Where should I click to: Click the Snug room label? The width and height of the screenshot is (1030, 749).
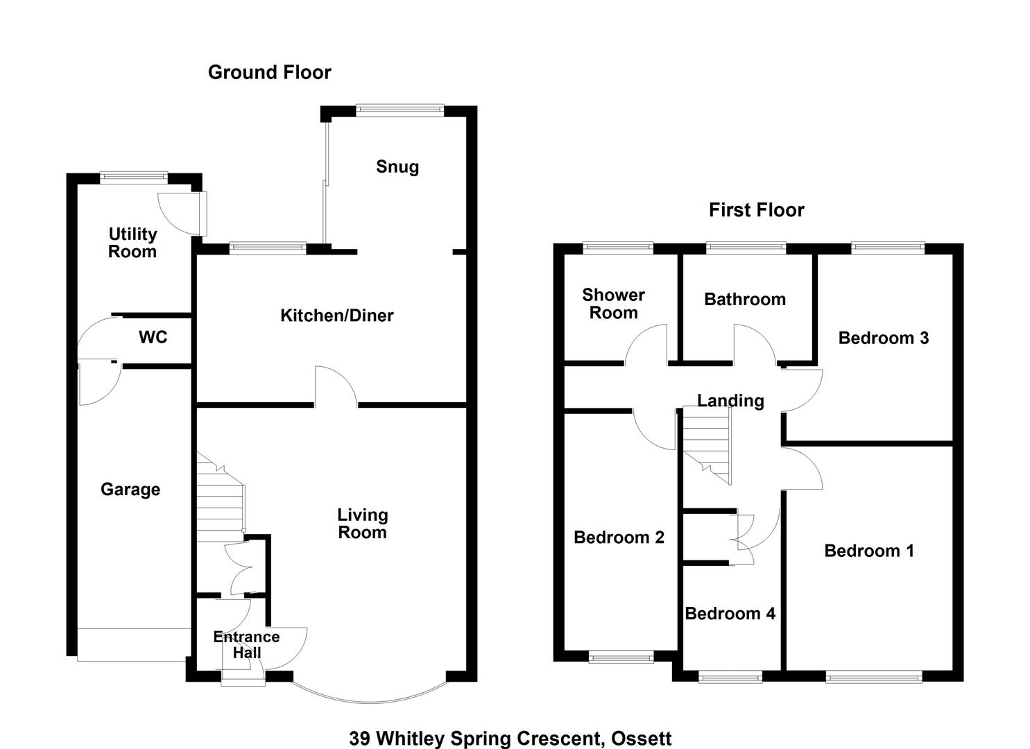(397, 167)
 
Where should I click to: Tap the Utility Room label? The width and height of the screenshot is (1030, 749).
(132, 243)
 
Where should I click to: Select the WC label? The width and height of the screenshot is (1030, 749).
(153, 338)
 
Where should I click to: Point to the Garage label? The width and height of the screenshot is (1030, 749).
(130, 490)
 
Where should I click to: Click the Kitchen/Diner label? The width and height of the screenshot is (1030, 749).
(337, 316)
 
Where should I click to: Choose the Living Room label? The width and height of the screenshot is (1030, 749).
(362, 524)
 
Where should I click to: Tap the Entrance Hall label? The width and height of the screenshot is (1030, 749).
(246, 645)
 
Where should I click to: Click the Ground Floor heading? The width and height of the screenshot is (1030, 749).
(270, 73)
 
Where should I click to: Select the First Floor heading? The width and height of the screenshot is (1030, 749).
(756, 210)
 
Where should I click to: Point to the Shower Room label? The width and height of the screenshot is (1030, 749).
(613, 304)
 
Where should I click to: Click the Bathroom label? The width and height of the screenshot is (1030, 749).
(745, 300)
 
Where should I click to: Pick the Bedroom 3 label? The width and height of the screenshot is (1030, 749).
(883, 338)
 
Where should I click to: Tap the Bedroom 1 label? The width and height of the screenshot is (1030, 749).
(869, 551)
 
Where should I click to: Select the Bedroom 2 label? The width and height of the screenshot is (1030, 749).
(619, 538)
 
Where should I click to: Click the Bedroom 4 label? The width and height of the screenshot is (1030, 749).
(730, 614)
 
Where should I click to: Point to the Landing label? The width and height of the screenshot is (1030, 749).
(730, 401)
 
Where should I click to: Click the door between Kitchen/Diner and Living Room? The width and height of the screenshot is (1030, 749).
(336, 388)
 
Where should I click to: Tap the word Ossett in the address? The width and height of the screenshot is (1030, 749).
(641, 739)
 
